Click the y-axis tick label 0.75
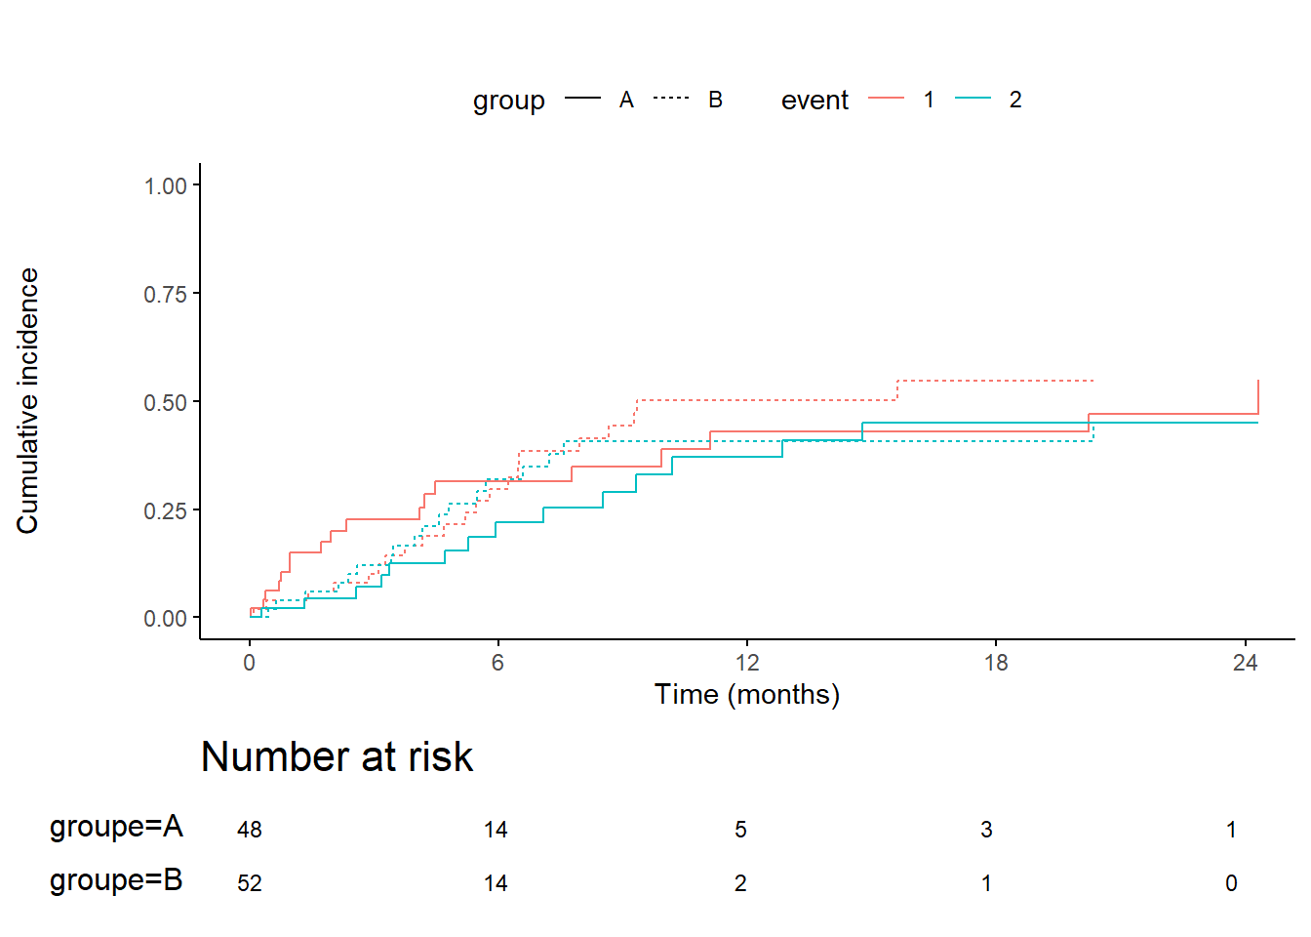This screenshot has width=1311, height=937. pyautogui.click(x=165, y=294)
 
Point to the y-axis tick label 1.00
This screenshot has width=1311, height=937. pyautogui.click(x=165, y=186)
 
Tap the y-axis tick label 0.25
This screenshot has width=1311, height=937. pyautogui.click(x=165, y=510)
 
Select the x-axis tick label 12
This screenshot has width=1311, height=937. pyautogui.click(x=747, y=663)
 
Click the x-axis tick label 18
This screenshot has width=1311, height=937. pyautogui.click(x=996, y=663)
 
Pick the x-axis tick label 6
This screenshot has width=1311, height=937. pyautogui.click(x=497, y=663)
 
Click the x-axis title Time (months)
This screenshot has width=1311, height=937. pyautogui.click(x=747, y=695)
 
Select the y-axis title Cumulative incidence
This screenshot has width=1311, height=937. pyautogui.click(x=27, y=401)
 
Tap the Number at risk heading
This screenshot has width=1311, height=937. pyautogui.click(x=338, y=757)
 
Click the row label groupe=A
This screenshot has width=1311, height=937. pyautogui.click(x=116, y=828)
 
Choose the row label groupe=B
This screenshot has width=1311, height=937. pyautogui.click(x=116, y=881)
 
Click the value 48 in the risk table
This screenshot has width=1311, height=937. pyautogui.click(x=250, y=830)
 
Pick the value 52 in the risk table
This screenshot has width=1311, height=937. pyautogui.click(x=250, y=883)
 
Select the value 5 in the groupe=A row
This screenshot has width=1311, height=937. pyautogui.click(x=741, y=830)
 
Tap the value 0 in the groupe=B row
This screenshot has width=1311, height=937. pyautogui.click(x=1231, y=883)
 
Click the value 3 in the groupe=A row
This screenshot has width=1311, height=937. pyautogui.click(x=987, y=830)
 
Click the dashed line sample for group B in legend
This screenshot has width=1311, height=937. pyautogui.click(x=671, y=98)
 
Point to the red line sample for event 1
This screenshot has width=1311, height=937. pyautogui.click(x=886, y=98)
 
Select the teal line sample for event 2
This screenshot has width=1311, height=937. pyautogui.click(x=973, y=98)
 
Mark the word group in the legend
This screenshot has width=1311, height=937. pyautogui.click(x=509, y=102)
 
